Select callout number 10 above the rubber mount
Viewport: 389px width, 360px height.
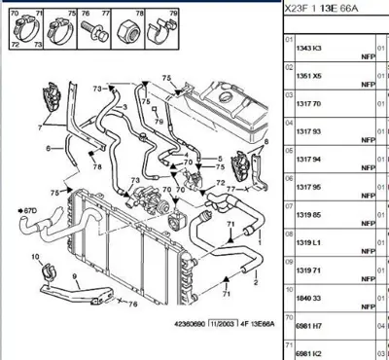(x=35, y=258)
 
